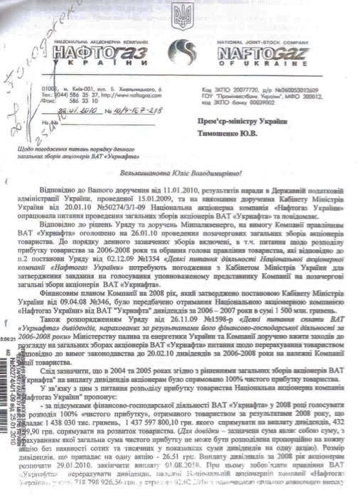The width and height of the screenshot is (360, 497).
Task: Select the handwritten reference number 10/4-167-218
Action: pyautogui.click(x=134, y=110)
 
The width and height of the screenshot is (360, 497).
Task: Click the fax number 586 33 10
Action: pyautogui.click(x=83, y=102)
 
